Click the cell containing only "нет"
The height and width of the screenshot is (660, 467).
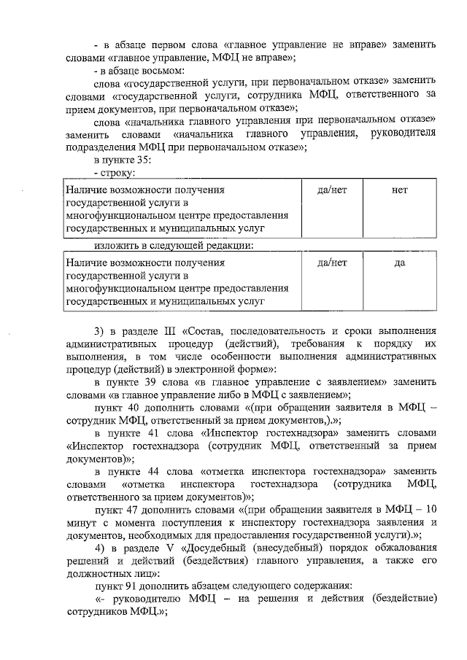click(x=399, y=190)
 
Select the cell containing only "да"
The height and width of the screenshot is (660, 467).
click(x=399, y=263)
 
